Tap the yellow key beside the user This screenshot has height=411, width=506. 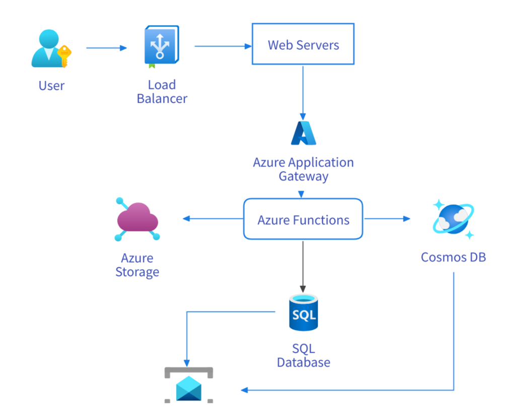pyautogui.click(x=64, y=54)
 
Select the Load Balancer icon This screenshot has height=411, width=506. pyautogui.click(x=161, y=47)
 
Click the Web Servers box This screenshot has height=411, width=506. pyautogui.click(x=303, y=44)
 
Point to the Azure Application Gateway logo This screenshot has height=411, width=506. pyautogui.click(x=304, y=133)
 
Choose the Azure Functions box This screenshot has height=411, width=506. pyautogui.click(x=303, y=219)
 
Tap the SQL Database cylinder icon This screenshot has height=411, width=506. pyautogui.click(x=304, y=313)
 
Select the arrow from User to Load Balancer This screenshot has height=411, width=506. pyautogui.click(x=106, y=48)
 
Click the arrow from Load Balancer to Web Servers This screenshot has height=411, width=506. pyautogui.click(x=222, y=46)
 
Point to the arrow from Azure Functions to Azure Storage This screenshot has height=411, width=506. pyautogui.click(x=212, y=218)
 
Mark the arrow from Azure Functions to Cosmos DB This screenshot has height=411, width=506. pyautogui.click(x=387, y=218)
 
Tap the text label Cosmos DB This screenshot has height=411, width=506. pyautogui.click(x=453, y=258)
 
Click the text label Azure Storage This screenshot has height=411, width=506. pyautogui.click(x=137, y=265)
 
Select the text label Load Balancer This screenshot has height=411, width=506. pyautogui.click(x=162, y=91)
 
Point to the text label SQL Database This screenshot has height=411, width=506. pyautogui.click(x=304, y=355)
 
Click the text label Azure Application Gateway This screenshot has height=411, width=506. pyautogui.click(x=303, y=170)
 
